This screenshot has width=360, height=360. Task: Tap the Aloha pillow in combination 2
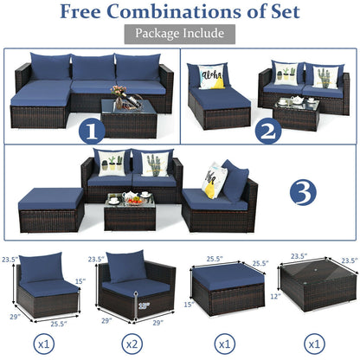coord(213,77)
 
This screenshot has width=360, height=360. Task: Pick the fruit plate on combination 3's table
coord(132,199)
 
